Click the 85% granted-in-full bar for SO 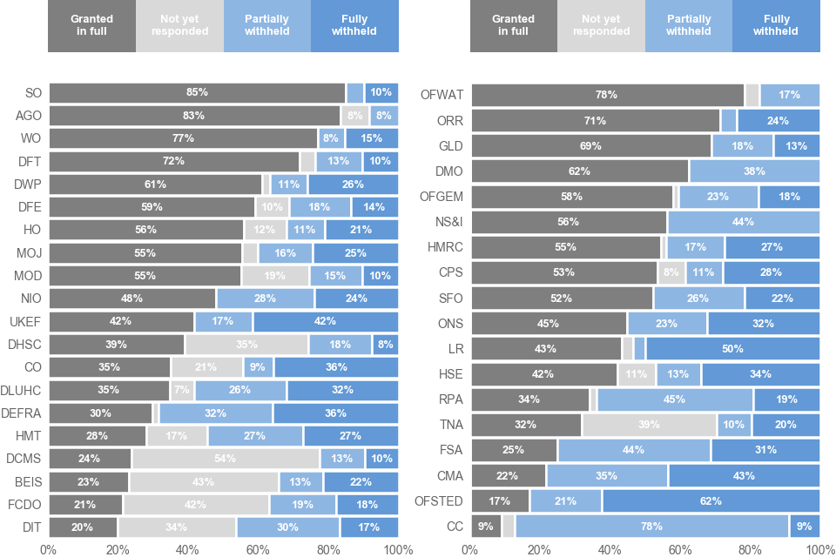(197, 92)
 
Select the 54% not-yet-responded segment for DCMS (226, 458)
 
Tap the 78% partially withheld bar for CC (651, 527)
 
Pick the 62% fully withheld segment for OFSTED (711, 501)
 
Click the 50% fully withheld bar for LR (732, 349)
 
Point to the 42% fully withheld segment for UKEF (326, 321)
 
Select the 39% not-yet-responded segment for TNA (649, 425)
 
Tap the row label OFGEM (442, 197)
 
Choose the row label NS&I (448, 222)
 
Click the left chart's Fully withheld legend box (354, 26)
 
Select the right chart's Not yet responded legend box (601, 26)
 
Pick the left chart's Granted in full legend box (91, 26)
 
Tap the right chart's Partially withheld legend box (689, 26)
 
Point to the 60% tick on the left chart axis (258, 550)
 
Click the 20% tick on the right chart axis (540, 550)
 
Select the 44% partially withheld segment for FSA (634, 451)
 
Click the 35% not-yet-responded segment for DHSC (246, 345)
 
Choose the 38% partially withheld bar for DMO (754, 171)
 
